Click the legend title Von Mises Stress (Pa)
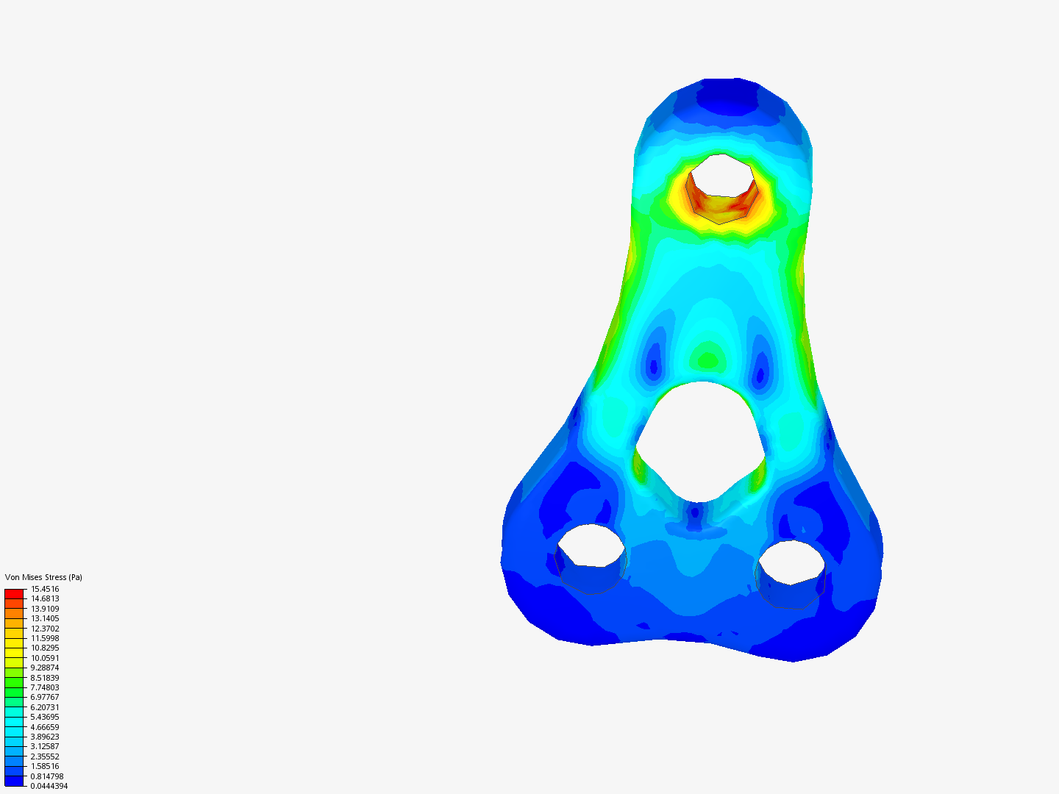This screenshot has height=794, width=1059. (43, 577)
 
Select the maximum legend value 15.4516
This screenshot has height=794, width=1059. (45, 589)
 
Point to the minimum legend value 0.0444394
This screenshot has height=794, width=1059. (49, 786)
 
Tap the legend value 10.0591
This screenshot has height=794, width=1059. (45, 658)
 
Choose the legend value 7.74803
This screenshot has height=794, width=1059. (45, 687)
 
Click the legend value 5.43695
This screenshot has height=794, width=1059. (45, 717)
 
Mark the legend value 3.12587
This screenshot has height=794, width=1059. (45, 746)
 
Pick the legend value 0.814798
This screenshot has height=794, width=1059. (47, 776)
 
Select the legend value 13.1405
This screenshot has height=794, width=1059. (45, 618)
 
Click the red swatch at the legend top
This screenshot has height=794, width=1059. (14, 593)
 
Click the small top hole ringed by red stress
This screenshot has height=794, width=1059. (721, 176)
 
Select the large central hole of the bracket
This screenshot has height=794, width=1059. (701, 441)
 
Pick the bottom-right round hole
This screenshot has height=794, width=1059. (791, 562)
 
